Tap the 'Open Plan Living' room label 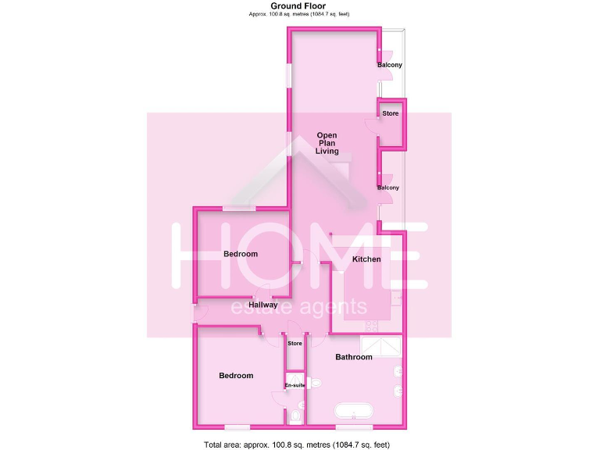[327, 144]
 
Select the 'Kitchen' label [366, 259]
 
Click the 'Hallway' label [263, 305]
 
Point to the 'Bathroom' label [353, 357]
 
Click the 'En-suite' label [294, 386]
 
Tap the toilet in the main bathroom [315, 383]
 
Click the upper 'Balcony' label [389, 65]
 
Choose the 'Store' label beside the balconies [390, 114]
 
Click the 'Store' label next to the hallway [295, 344]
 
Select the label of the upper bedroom [240, 254]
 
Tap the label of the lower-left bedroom [236, 376]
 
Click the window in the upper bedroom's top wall [238, 208]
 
